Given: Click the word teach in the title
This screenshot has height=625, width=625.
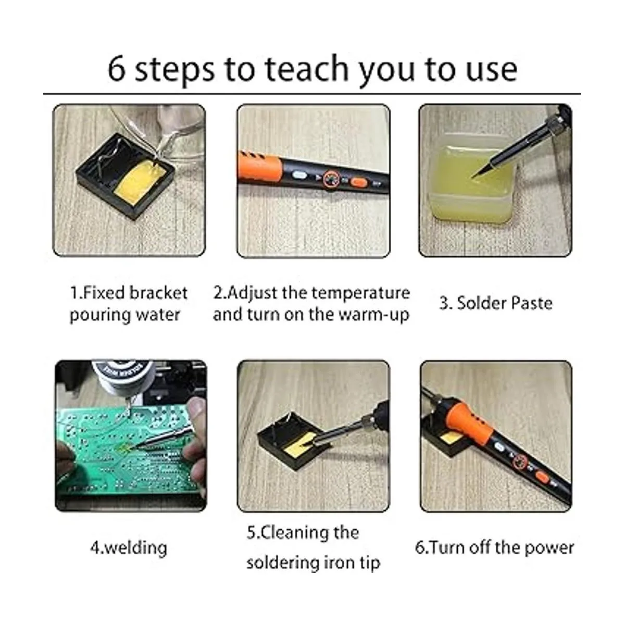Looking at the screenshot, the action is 306,69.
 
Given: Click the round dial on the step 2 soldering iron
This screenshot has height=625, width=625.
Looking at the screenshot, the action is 331,179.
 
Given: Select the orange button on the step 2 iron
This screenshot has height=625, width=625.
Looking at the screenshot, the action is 360,182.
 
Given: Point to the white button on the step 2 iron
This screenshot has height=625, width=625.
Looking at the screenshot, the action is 299,176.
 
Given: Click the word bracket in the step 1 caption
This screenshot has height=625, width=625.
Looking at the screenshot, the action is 159,293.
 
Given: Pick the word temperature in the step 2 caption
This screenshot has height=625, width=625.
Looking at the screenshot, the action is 361,293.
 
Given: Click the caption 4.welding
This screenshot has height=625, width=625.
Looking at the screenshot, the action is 129,548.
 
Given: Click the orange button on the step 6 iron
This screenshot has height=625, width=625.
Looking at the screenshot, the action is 542,477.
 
